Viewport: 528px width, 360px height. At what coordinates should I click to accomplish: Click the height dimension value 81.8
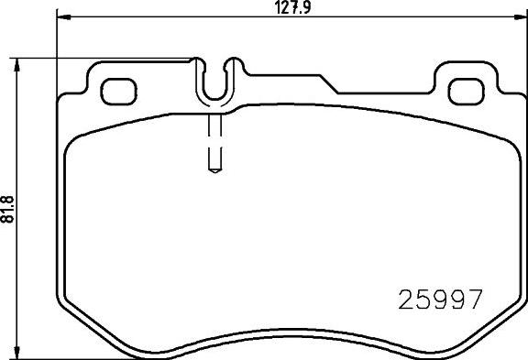pyautogui.click(x=9, y=204)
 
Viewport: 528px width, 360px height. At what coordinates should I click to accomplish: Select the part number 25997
pyautogui.click(x=440, y=300)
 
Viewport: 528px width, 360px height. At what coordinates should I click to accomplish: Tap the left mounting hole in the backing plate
pyautogui.click(x=115, y=91)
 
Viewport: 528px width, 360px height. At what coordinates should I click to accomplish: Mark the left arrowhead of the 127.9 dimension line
pyautogui.click(x=60, y=18)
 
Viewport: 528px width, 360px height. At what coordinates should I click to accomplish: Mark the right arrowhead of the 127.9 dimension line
pyautogui.click(x=522, y=18)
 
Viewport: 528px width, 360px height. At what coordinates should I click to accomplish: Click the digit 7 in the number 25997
pyautogui.click(x=474, y=300)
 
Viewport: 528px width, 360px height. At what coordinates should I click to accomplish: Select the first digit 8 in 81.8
pyautogui.click(x=9, y=215)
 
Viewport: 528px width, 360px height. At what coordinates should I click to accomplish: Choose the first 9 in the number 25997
pyautogui.click(x=440, y=300)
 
